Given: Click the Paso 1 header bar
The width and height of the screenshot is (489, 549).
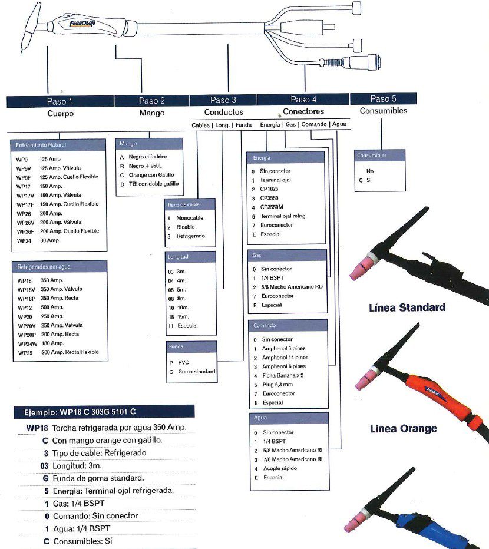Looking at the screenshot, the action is [60, 101].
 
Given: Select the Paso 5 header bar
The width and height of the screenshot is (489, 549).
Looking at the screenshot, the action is [383, 99].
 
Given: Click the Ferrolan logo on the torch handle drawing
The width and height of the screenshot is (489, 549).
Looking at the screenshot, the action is [82, 24].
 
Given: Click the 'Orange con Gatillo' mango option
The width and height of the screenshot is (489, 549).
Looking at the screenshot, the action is [151, 175].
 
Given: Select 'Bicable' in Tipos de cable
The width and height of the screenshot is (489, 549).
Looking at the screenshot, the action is [186, 227].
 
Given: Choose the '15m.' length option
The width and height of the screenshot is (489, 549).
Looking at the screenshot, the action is [183, 316].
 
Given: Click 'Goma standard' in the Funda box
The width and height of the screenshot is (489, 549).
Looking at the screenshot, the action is [197, 372].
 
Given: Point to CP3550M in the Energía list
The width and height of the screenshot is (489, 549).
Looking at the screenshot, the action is [272, 207].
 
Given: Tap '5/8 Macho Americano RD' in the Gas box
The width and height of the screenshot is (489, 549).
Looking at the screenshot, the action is [292, 287].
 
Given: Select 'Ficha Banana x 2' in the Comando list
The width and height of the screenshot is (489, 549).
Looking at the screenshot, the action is [283, 375].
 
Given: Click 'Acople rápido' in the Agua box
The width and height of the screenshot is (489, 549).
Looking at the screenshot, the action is [280, 468].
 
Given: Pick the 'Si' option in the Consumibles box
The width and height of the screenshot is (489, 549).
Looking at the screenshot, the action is [369, 180].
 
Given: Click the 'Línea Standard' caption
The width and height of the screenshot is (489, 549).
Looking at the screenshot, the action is [407, 307].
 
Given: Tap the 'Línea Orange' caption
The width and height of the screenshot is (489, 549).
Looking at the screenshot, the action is [404, 429].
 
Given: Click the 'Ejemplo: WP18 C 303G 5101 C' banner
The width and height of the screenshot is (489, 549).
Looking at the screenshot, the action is [104, 412].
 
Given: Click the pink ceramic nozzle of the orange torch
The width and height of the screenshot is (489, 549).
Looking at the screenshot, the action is [366, 378].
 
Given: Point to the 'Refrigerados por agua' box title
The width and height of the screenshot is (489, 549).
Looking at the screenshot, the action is [44, 266].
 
